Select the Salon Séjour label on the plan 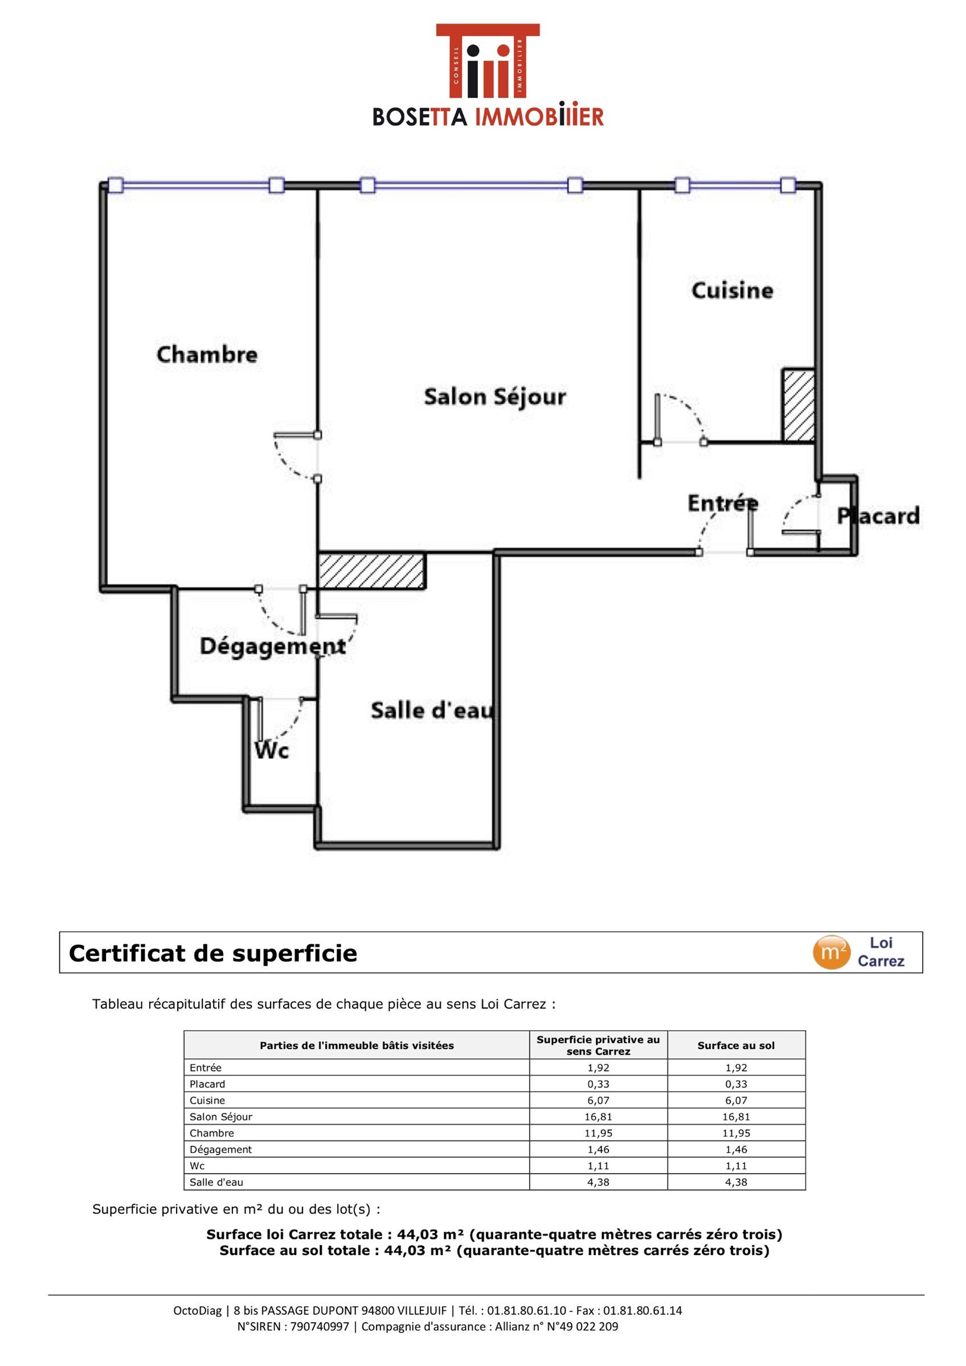[494, 397]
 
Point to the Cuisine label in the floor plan [732, 290]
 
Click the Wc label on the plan [272, 750]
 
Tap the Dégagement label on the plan [273, 647]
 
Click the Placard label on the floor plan [878, 516]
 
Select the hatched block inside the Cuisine [798, 406]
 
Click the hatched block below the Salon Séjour [372, 571]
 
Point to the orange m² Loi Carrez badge [832, 953]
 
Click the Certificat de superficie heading [213, 953]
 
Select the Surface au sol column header [736, 1046]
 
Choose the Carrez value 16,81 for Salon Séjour [598, 1117]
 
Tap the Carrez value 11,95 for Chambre [598, 1133]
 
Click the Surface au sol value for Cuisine [736, 1100]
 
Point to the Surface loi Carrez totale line [494, 1235]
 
